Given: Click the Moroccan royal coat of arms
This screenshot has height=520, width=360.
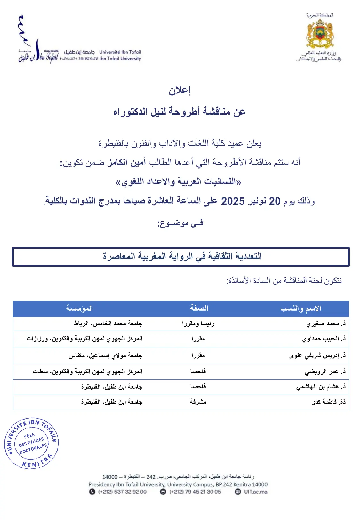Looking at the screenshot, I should [x=320, y=33].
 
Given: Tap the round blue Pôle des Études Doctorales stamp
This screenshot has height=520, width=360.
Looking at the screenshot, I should [x=31, y=443].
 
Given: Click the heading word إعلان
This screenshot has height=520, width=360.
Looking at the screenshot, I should [x=180, y=91].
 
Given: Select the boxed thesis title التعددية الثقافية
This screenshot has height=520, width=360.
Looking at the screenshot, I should [x=182, y=256].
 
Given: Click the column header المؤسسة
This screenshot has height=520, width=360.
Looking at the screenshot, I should [x=79, y=308].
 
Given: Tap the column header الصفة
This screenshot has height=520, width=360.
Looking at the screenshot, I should [x=199, y=308].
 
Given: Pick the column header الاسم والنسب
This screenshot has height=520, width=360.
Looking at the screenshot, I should [x=300, y=308].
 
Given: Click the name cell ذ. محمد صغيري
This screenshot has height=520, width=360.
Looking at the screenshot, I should [x=326, y=324].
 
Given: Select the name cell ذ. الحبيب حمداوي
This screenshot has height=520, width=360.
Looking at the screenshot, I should [x=324, y=339].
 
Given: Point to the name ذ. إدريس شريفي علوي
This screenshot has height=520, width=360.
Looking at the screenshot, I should [x=317, y=356].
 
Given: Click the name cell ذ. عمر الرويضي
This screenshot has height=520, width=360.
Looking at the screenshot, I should [x=325, y=372].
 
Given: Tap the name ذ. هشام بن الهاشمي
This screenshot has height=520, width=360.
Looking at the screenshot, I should [x=321, y=387].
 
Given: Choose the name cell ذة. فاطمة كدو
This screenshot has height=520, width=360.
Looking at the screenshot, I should [x=329, y=402].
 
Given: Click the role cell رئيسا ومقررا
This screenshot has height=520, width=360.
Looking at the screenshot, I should [x=198, y=324].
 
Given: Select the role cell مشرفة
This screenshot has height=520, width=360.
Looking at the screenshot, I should [x=198, y=402].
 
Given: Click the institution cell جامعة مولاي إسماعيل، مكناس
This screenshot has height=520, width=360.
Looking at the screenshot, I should [x=105, y=356].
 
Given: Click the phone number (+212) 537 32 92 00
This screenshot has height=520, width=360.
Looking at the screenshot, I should [x=122, y=492].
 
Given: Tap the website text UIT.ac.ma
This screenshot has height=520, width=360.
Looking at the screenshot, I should [x=255, y=492].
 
